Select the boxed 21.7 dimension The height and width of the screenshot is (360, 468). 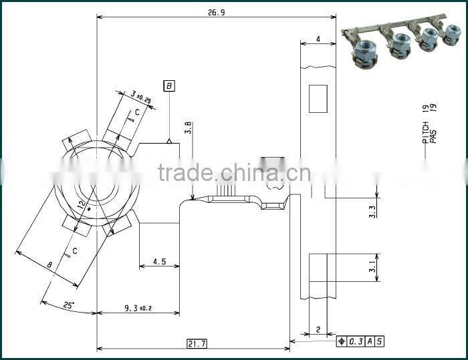pyautogui.click(x=197, y=343)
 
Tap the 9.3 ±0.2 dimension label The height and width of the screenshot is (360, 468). pyautogui.click(x=138, y=308)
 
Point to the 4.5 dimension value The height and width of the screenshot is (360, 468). pyautogui.click(x=159, y=262)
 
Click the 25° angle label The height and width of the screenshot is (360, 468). pyautogui.click(x=69, y=305)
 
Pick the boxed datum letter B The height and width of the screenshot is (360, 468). pyautogui.click(x=170, y=86)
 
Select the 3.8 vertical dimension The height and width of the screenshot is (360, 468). pyautogui.click(x=188, y=127)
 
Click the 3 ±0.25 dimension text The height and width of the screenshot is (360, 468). pyautogui.click(x=140, y=98)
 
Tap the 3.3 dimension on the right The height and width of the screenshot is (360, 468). pyautogui.click(x=372, y=212)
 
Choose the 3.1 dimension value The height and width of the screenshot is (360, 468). pyautogui.click(x=372, y=268)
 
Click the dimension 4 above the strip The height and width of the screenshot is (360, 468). pyautogui.click(x=318, y=39)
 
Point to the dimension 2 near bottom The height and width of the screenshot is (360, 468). pyautogui.click(x=318, y=329)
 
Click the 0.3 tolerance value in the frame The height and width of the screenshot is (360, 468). pyautogui.click(x=355, y=342)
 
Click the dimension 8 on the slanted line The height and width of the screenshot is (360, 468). pyautogui.click(x=49, y=265)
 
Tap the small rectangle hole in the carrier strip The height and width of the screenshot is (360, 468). pyautogui.click(x=317, y=98)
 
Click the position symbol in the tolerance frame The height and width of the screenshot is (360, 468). pyautogui.click(x=342, y=342)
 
